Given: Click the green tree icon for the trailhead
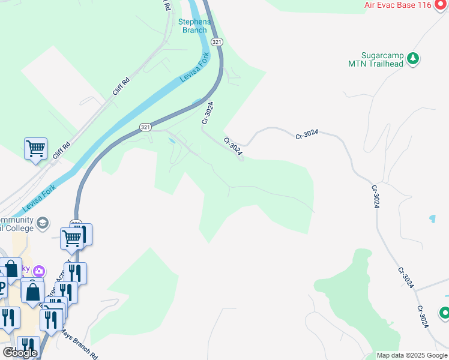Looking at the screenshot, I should pyautogui.click(x=412, y=58).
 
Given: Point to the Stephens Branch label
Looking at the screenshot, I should pyautogui.click(x=194, y=26).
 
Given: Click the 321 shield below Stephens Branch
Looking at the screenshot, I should pyautogui.click(x=217, y=41).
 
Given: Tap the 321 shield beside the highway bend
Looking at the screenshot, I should pyautogui.click(x=146, y=127).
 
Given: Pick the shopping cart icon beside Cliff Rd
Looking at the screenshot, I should pyautogui.click(x=35, y=147).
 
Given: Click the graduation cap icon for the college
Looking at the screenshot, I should pyautogui.click(x=42, y=224).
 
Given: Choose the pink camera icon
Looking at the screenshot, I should pyautogui.click(x=39, y=271).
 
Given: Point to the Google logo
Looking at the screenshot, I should pyautogui.click(x=20, y=353).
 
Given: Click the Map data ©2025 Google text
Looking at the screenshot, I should pyautogui.click(x=411, y=355).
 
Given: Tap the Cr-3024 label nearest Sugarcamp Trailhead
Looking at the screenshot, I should pyautogui.click(x=306, y=135).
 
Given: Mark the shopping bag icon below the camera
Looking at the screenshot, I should pyautogui.click(x=33, y=292).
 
